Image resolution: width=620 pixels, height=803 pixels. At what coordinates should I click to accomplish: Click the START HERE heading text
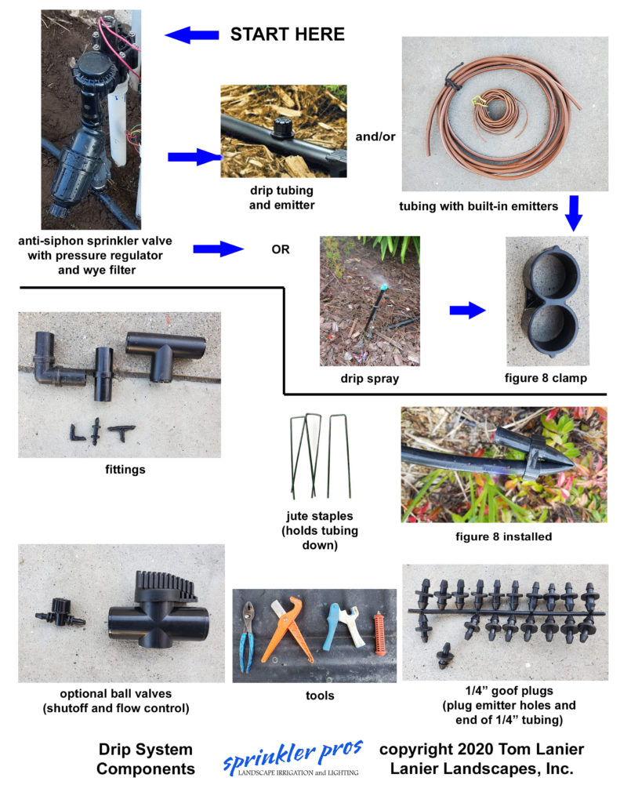287,35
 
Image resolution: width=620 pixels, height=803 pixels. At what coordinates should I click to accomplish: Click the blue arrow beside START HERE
191,35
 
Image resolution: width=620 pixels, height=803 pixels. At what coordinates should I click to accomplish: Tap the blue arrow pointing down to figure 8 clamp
573,214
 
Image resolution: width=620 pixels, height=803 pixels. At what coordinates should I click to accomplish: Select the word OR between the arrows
281,250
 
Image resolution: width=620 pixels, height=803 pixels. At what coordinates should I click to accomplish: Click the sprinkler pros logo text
291,755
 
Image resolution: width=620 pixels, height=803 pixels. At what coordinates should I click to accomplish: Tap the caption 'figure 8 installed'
504,537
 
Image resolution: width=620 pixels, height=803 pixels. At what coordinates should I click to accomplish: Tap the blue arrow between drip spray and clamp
467,310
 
